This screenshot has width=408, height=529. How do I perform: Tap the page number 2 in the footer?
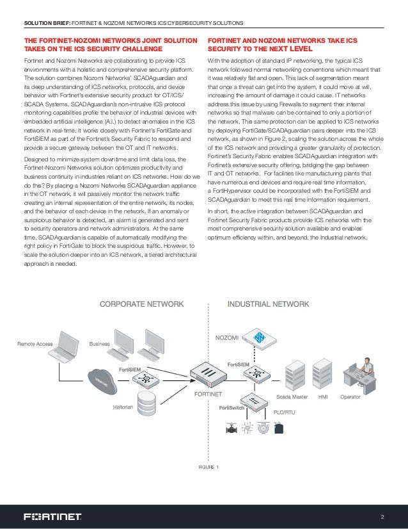tap(382, 516)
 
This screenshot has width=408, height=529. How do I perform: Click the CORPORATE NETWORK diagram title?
tap(141, 304)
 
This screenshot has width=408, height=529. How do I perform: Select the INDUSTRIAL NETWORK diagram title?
tap(269, 304)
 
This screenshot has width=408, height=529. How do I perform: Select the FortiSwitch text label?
tap(230, 407)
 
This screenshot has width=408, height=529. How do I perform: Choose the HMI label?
tap(324, 396)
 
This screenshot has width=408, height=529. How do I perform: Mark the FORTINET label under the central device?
tap(208, 393)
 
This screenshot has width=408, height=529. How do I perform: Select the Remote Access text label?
tap(35, 344)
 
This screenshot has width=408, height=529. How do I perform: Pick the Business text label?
tap(100, 344)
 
